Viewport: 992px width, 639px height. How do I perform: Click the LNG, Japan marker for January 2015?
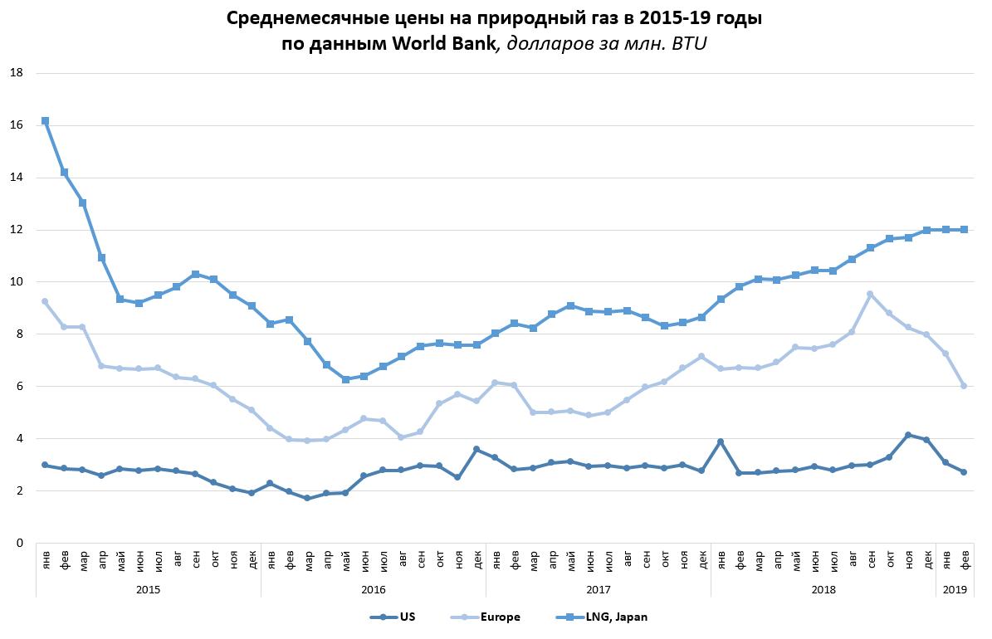[x=45, y=121]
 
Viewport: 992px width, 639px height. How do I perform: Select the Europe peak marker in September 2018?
[x=870, y=294]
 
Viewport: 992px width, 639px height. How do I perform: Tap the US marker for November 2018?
[x=908, y=435]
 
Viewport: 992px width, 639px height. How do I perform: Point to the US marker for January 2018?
[x=721, y=441]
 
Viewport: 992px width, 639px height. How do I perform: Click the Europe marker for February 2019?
[x=964, y=386]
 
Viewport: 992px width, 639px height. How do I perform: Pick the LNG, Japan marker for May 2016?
[x=345, y=379]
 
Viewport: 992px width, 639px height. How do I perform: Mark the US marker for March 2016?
[x=307, y=498]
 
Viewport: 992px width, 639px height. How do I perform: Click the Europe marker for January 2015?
[x=45, y=301]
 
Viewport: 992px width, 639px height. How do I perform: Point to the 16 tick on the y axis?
[x=16, y=125]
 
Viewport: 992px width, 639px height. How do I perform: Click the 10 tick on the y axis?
[x=16, y=282]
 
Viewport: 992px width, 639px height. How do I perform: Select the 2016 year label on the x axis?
[x=373, y=589]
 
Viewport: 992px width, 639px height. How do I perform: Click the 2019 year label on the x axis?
[x=955, y=589]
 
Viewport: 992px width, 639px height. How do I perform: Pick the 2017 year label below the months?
[x=598, y=589]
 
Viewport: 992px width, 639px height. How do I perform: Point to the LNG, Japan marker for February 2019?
[x=964, y=229]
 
